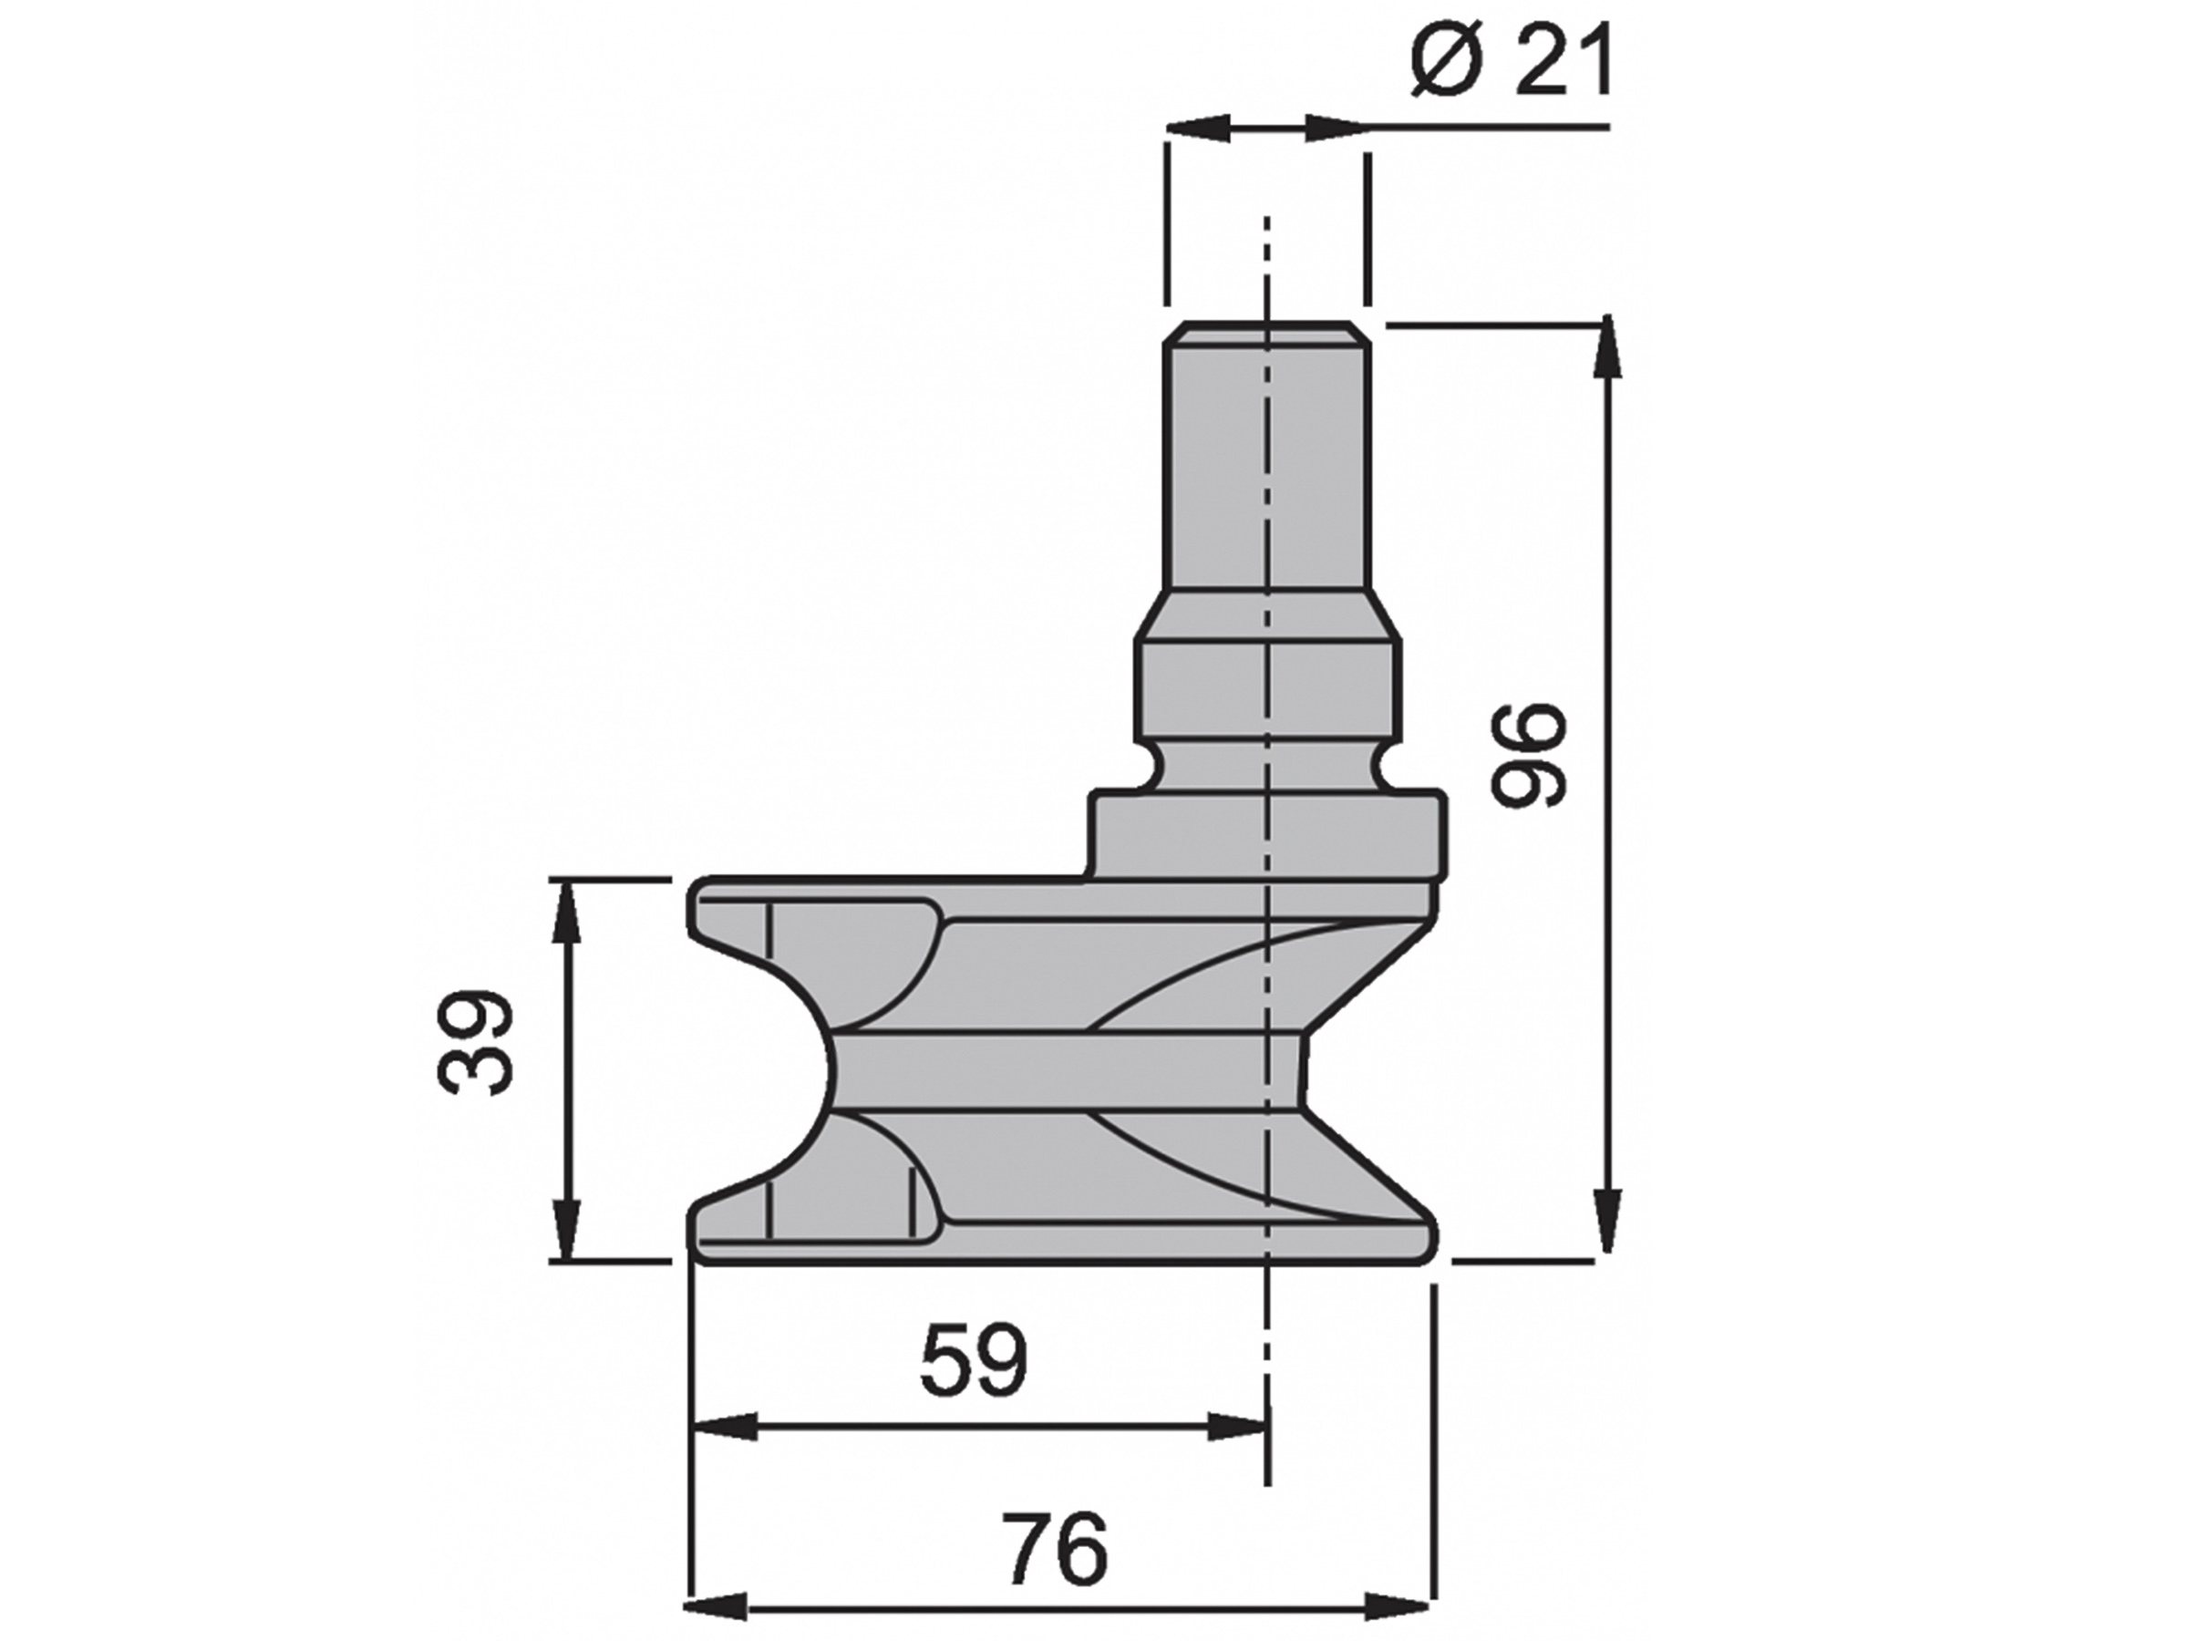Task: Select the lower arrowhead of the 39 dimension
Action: tap(566, 1230)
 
